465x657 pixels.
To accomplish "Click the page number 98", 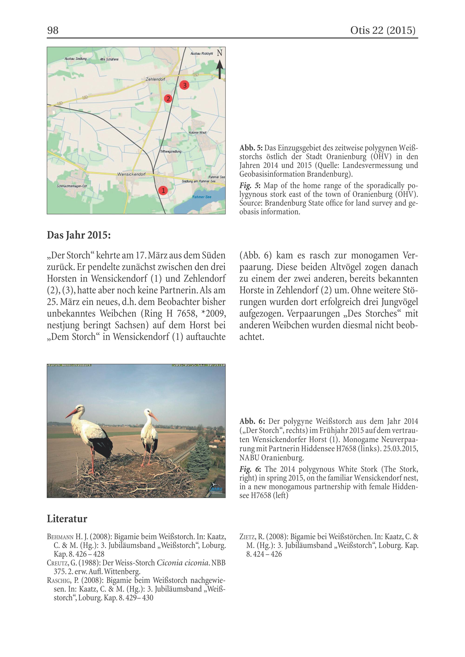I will coord(53,30).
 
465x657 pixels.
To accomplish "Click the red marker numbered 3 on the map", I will coord(184,85).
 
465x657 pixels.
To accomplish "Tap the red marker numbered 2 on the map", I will coord(168,99).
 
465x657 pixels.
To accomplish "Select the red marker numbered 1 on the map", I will coord(163,190).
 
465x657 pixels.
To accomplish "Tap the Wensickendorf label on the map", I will coord(131,174).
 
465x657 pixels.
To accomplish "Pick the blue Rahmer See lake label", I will coord(202,197).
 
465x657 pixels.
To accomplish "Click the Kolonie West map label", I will coord(198,132).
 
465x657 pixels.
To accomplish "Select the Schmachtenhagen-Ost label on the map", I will coord(72,186).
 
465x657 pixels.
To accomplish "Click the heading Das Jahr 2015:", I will coord(79,235).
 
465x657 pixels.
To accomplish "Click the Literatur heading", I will coord(67,519).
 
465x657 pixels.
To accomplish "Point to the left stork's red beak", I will coord(70,413).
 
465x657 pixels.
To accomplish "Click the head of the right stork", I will coord(147,412).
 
